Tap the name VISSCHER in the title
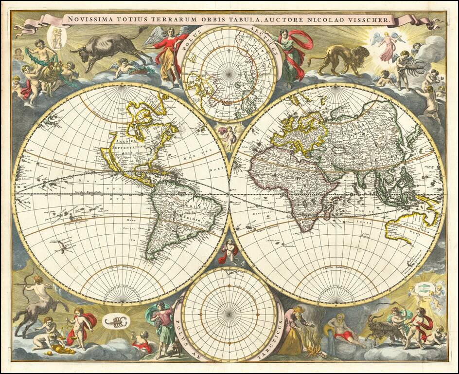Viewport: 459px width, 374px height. (371, 20)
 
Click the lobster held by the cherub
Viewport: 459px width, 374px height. (414, 68)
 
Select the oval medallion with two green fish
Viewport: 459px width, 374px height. (421, 289)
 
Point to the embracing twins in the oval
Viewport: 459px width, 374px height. (57, 37)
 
